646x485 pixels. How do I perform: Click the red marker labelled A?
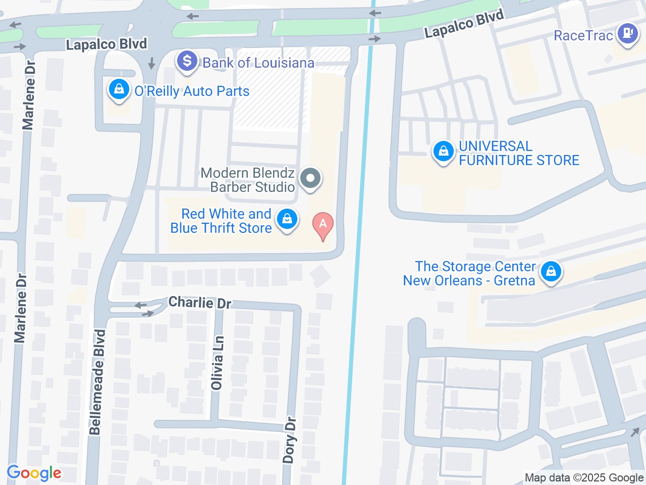click(x=323, y=225)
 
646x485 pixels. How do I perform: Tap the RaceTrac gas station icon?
click(x=628, y=34)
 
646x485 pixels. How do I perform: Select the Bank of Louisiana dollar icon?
click(x=187, y=61)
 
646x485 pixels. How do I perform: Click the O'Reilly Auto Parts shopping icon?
click(x=119, y=89)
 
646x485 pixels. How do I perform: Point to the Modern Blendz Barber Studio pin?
click(x=310, y=178)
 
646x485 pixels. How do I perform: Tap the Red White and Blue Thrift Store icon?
click(x=287, y=219)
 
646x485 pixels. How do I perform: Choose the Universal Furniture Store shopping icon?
click(x=443, y=151)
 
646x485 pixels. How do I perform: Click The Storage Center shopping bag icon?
click(x=551, y=271)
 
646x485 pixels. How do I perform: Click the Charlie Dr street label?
click(x=200, y=303)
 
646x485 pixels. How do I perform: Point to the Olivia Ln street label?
click(x=217, y=363)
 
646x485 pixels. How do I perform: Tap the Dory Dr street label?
click(x=289, y=440)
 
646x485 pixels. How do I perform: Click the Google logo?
click(x=34, y=473)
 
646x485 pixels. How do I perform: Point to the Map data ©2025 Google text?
click(x=584, y=477)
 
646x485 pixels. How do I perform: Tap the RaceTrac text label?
click(x=583, y=35)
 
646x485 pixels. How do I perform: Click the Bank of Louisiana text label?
click(x=258, y=63)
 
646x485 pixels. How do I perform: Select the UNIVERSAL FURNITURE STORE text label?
click(x=519, y=153)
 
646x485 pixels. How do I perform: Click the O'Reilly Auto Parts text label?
click(x=192, y=91)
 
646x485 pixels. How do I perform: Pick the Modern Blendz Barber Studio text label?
click(x=248, y=180)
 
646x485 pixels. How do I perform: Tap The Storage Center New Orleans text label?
click(x=469, y=273)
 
